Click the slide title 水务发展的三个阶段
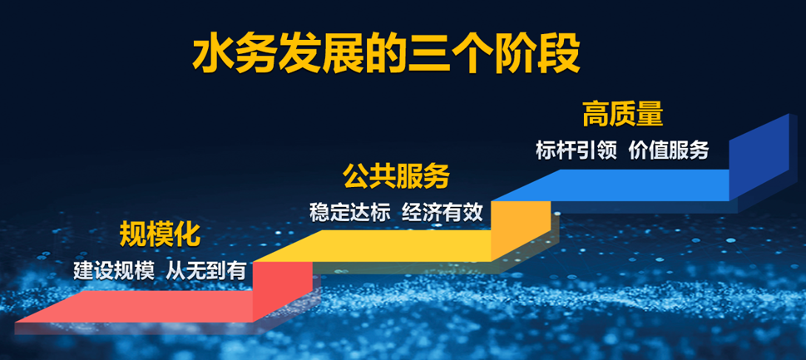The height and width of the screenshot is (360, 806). coord(387,55)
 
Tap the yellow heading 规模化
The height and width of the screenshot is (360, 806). coord(160,234)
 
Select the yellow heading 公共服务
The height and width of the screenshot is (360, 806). coord(396,176)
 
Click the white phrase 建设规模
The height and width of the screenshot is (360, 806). coord(113,271)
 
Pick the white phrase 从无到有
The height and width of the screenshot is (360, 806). coord(205,271)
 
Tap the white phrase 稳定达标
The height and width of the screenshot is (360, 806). coord(350,212)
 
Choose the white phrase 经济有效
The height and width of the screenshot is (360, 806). coord(443,212)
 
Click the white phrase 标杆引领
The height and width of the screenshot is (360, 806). coord(576,150)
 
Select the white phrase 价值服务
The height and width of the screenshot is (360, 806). coord(669,150)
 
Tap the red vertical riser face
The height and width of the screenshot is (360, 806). coord(282,291)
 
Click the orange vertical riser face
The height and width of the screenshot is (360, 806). coord(521,230)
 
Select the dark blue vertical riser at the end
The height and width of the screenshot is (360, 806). coord(759,157)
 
